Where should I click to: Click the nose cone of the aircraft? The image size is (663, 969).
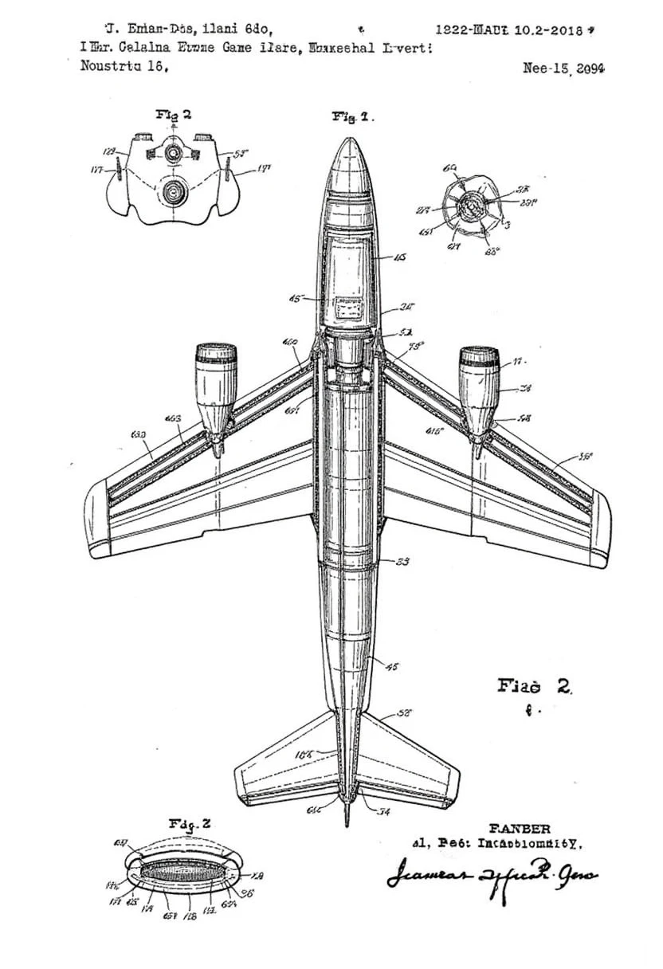[x=347, y=163]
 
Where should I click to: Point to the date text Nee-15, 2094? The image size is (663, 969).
[x=563, y=69]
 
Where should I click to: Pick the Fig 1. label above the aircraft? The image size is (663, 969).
[x=352, y=117]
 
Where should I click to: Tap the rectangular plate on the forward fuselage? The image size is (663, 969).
[x=349, y=307]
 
